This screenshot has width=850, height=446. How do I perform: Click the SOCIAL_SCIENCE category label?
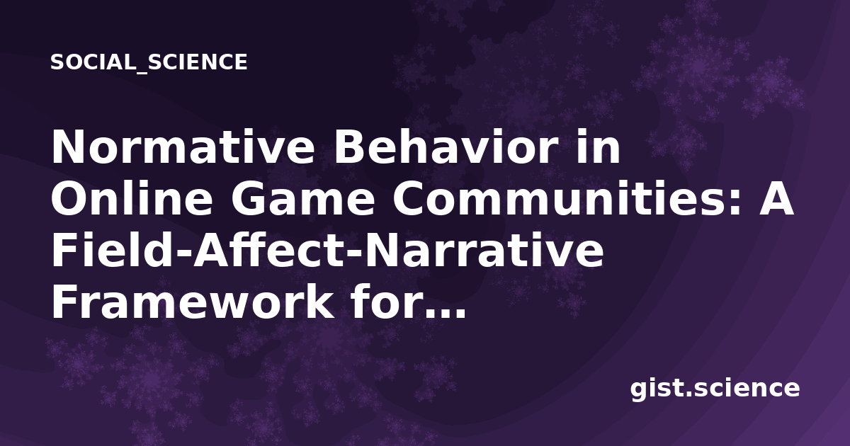(x=149, y=62)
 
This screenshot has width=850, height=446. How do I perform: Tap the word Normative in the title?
(x=183, y=147)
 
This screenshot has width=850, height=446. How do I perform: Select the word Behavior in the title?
(x=446, y=147)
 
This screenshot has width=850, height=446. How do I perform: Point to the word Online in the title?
(x=132, y=198)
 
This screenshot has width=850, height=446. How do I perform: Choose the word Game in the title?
(x=303, y=199)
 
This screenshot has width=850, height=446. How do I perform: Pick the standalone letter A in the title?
(x=776, y=198)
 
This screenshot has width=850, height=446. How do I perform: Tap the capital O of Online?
(x=70, y=198)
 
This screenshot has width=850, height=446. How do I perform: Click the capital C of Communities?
(x=408, y=198)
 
